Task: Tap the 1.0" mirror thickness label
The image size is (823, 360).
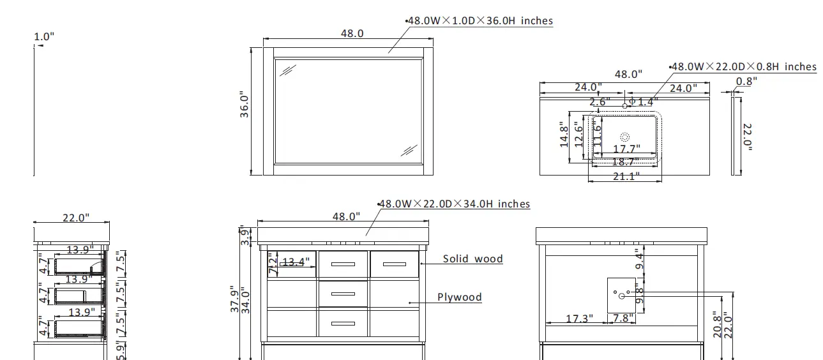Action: (43, 37)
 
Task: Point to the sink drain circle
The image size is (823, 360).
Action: (624, 137)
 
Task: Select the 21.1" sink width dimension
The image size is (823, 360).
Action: (625, 177)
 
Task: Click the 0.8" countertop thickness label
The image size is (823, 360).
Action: (746, 81)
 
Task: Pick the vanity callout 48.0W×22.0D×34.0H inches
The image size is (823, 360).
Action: (455, 204)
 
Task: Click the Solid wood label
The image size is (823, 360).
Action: (473, 259)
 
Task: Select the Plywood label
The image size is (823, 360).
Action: (460, 297)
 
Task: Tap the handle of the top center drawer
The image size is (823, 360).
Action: (343, 264)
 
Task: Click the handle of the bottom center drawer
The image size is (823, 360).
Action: (343, 324)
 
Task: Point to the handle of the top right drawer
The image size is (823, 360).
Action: (394, 264)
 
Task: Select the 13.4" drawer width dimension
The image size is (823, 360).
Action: (295, 262)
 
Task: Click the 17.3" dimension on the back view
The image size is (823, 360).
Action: (579, 317)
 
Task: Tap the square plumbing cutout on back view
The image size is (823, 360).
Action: (621, 294)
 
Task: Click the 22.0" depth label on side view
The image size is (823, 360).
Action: (75, 218)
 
